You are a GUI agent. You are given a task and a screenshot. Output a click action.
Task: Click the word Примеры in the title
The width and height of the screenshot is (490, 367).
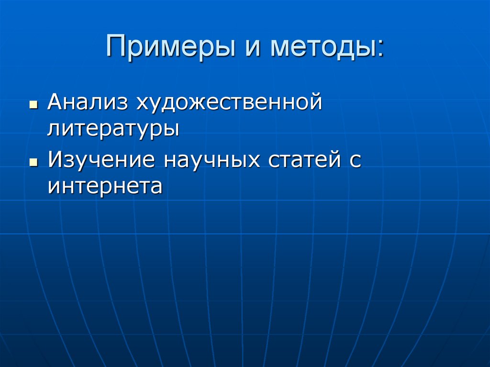pyautogui.click(x=167, y=47)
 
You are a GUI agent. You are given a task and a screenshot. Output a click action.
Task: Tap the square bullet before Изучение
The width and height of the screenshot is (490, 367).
pyautogui.click(x=33, y=163)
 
